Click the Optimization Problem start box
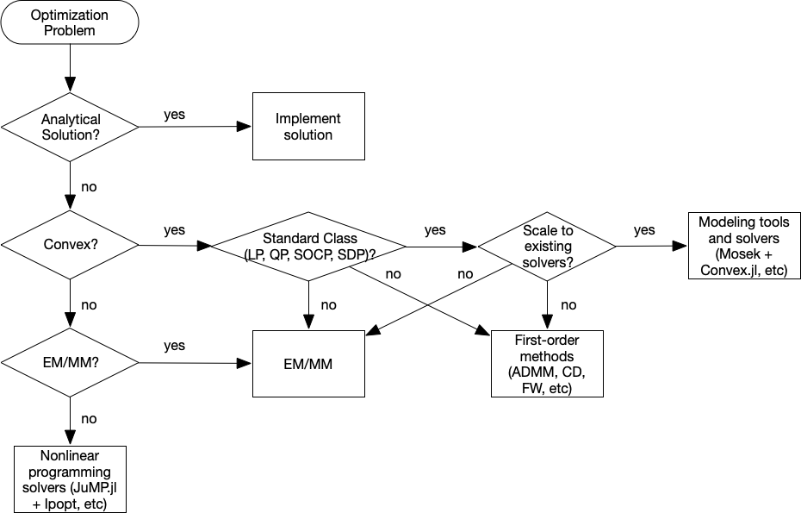click(70, 22)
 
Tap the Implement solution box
click(307, 127)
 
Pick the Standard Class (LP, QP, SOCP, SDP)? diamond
click(308, 246)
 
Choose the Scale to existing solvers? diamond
click(546, 246)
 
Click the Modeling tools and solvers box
click(745, 246)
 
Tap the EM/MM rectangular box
click(307, 364)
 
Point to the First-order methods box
click(546, 363)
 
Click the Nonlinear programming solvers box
click(70, 479)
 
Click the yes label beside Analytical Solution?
click(174, 115)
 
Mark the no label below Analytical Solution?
click(88, 185)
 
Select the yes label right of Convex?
click(174, 231)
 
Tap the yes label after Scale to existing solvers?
click(644, 230)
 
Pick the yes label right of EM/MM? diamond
click(174, 347)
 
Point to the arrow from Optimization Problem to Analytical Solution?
click(70, 67)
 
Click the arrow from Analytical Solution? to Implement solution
click(195, 128)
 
